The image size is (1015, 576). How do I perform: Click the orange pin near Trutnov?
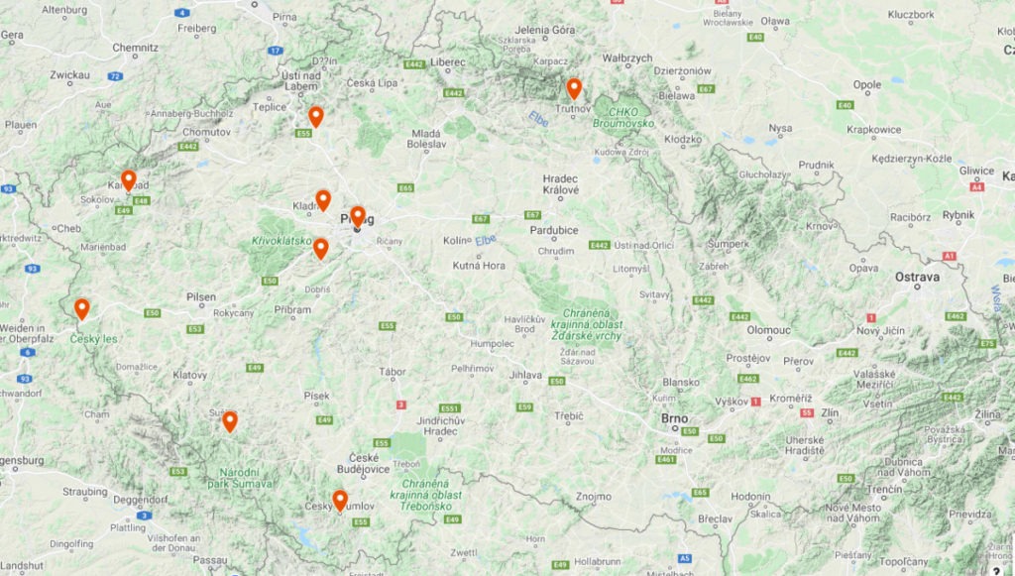[x=573, y=89]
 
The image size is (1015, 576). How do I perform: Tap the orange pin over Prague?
[x=357, y=216]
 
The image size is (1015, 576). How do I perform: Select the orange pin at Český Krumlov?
[x=340, y=500]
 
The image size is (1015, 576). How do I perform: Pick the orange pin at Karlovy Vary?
[x=128, y=180]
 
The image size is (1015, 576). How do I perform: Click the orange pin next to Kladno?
[x=322, y=200]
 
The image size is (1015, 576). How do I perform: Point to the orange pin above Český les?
[x=81, y=308]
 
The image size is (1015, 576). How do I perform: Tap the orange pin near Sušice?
[x=229, y=421]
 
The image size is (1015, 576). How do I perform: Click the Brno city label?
[x=674, y=418]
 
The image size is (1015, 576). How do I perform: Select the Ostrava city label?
[x=916, y=278]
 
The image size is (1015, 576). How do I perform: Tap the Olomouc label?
[x=768, y=329]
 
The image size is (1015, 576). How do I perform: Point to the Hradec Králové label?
[x=560, y=185]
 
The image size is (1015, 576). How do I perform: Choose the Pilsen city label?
[x=201, y=296]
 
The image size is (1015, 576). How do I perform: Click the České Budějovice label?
[x=364, y=462]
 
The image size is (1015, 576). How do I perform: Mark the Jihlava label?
[x=525, y=376]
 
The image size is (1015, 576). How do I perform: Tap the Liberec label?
[x=448, y=61]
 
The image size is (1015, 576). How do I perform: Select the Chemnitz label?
[x=135, y=47]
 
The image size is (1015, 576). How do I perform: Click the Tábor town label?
[x=393, y=372]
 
